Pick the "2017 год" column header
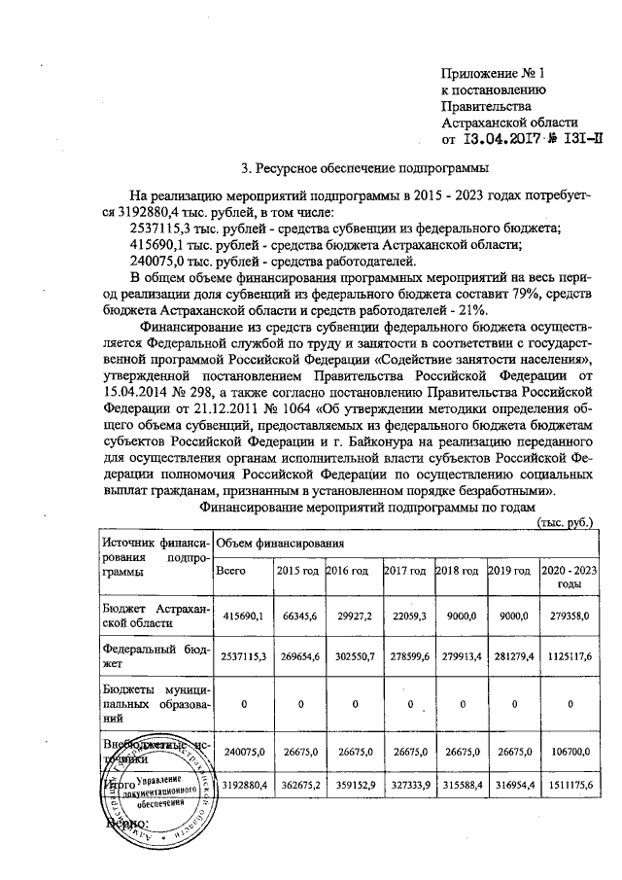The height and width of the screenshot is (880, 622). point(405,570)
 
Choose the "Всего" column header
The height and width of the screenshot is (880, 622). point(231,570)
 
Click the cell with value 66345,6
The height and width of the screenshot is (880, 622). point(294,616)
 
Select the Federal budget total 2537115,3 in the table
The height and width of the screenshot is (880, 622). point(237,657)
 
